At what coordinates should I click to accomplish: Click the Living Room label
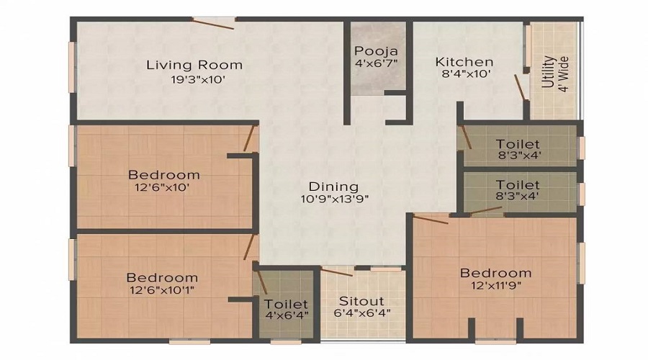click(x=194, y=65)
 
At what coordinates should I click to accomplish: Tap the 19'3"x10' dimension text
click(x=194, y=80)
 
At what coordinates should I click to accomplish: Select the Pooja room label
click(x=376, y=51)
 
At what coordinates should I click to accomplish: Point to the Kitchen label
click(x=464, y=62)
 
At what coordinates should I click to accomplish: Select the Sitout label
click(x=363, y=300)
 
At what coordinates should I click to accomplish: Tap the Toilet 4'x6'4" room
click(x=285, y=310)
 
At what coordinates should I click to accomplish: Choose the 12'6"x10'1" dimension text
click(x=162, y=291)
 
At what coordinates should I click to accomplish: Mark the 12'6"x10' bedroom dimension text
click(x=163, y=188)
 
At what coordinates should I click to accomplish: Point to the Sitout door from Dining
click(x=337, y=272)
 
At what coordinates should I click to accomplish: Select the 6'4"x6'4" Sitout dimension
click(x=363, y=313)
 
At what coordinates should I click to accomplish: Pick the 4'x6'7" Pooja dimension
click(x=376, y=63)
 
